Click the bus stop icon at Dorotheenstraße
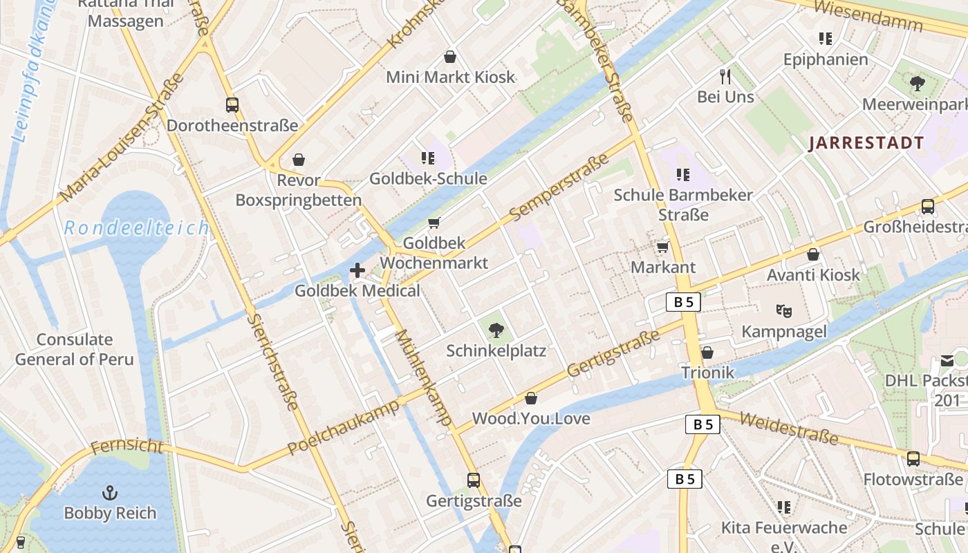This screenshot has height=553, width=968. click(232, 105)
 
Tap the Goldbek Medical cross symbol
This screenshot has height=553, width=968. click(357, 270)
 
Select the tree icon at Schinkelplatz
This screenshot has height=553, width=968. click(496, 330)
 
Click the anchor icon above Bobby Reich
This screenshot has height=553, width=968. click(109, 493)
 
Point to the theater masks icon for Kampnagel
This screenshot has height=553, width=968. click(783, 311)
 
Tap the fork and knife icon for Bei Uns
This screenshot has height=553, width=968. click(725, 76)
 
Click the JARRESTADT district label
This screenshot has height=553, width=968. click(866, 143)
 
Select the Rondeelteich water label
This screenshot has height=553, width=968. click(136, 228)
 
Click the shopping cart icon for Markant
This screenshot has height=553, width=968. click(662, 247)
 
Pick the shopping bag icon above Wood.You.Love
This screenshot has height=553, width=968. click(531, 398)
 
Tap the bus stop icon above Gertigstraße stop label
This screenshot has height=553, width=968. click(474, 480)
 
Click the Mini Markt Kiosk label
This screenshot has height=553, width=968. click(450, 77)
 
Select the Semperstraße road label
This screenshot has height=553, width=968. click(561, 189)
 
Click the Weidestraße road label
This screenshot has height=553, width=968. click(788, 429)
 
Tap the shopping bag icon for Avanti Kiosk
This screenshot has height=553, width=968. click(813, 254)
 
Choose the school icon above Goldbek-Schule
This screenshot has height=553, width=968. click(428, 158)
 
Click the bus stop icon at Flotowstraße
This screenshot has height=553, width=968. click(913, 459)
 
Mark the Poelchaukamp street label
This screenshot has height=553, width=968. click(344, 427)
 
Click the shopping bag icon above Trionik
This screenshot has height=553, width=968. click(707, 353)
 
